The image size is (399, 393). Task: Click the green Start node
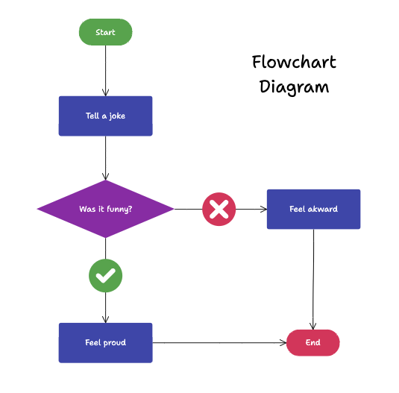[105, 32]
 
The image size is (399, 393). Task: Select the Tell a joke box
[105, 116]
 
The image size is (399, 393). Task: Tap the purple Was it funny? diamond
[105, 209]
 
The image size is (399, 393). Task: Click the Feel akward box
[313, 209]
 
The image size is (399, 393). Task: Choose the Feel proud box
[105, 342]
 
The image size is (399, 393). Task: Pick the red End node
[312, 342]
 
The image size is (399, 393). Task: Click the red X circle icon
[219, 209]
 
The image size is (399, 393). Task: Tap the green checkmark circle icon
[105, 276]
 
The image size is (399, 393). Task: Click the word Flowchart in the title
[294, 62]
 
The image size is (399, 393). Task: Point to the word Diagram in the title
[294, 87]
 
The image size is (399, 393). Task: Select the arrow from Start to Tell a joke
[105, 71]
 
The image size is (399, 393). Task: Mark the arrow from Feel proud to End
[220, 342]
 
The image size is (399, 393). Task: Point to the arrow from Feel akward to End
[313, 280]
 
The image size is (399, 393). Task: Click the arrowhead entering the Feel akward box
[263, 209]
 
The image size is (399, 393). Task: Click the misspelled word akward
[324, 209]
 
